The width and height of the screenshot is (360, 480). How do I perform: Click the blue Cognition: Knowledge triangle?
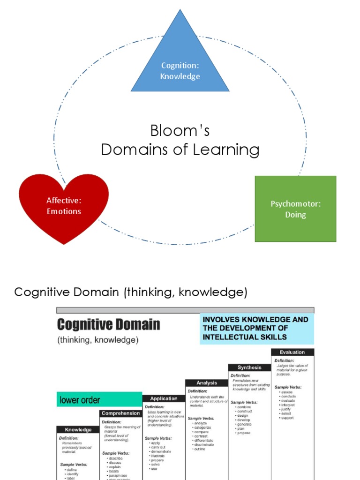point(180,66)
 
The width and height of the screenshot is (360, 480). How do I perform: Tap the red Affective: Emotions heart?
point(64,207)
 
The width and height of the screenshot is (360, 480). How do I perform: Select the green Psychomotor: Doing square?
point(295,209)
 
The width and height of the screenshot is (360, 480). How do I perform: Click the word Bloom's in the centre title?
point(180,131)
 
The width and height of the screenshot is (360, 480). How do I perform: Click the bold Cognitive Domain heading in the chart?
point(108,324)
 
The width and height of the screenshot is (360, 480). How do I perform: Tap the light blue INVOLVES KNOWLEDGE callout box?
point(256,328)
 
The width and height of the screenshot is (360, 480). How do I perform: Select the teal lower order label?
point(99,400)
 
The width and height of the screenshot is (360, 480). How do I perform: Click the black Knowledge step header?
point(78,429)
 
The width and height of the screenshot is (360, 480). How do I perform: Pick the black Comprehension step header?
point(120,413)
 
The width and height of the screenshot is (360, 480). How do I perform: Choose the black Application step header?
point(164,398)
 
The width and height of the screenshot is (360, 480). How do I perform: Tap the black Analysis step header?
point(207,382)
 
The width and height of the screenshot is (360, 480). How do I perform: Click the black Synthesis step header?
point(249,367)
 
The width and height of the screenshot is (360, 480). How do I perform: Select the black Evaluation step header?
point(292,352)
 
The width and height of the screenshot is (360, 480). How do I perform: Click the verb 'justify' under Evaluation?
point(286,409)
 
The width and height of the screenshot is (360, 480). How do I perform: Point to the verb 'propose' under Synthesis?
point(244,433)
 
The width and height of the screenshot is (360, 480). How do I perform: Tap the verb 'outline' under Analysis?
point(200,449)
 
